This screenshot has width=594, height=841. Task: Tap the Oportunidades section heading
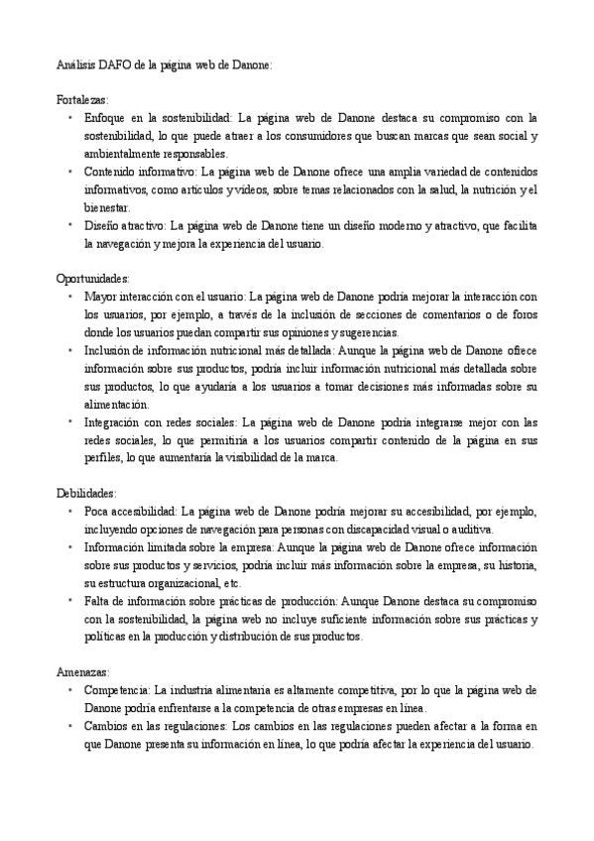pos(93,279)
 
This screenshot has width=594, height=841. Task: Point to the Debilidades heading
pos(86,492)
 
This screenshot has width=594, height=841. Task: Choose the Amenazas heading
pos(82,670)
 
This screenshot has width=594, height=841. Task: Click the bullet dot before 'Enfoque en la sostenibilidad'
pos(70,118)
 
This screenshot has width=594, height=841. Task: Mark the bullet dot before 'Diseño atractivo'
pos(70,225)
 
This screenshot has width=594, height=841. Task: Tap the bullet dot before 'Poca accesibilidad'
pos(70,511)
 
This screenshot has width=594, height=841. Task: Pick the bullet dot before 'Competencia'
pos(70,688)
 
